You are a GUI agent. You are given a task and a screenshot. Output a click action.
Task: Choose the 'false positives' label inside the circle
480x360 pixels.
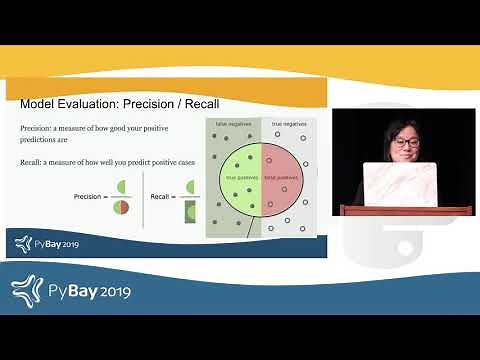coord(282,176)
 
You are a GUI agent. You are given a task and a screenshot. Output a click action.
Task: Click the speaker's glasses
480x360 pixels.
coord(406,143)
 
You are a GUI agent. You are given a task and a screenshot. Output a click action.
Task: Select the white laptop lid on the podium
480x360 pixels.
coord(399,183)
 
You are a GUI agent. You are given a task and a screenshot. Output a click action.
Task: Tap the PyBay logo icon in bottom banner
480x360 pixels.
coord(29,290)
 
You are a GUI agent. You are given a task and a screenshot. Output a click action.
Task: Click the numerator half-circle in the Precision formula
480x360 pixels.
coord(121,187)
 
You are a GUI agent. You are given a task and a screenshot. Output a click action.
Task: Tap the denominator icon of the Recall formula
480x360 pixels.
coord(191,210)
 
